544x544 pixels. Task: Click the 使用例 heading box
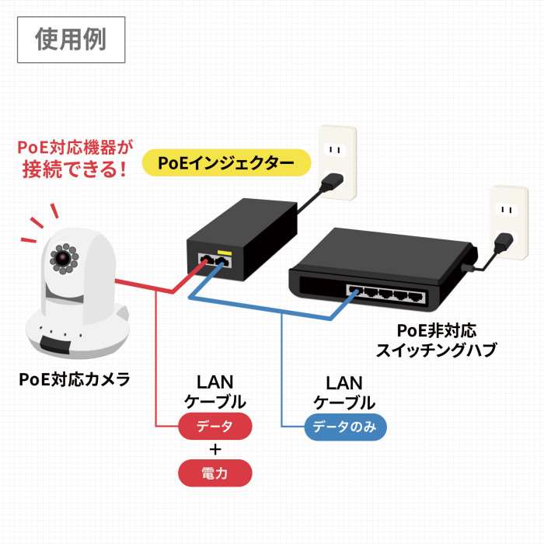71,40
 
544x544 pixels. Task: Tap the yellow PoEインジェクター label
226,163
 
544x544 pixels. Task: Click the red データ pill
215,426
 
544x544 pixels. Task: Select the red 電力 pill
215,473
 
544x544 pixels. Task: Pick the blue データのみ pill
345,426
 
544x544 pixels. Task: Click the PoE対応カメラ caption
75,380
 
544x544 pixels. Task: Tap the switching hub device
381,268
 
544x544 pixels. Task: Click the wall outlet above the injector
335,162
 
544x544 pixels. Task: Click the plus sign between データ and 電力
215,449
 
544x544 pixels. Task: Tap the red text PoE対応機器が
75,146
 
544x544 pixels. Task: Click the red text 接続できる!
75,169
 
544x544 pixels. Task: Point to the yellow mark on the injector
225,253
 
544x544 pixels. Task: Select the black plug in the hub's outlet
503,243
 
